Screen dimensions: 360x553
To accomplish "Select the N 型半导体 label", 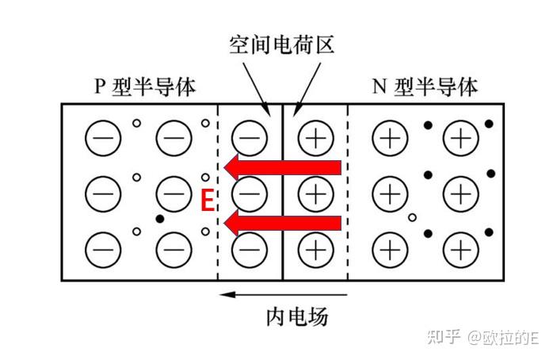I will pos(425,86).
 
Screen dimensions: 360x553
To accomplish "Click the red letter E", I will pos(207,201).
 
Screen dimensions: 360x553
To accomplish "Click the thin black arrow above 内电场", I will pos(258,293).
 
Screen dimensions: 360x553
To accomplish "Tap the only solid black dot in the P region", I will pos(160,218).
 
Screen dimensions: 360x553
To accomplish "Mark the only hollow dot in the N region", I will pos(411,216).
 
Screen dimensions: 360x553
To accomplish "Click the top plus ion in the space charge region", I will pos(315,139).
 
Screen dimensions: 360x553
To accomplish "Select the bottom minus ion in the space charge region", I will pos(250,249).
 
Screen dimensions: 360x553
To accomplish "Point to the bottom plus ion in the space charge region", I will pos(315,249).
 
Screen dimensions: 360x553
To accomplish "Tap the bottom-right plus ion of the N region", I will pos(460,249).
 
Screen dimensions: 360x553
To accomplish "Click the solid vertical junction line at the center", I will pos(283,262).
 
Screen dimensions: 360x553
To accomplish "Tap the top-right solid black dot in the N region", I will pos(489,124).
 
